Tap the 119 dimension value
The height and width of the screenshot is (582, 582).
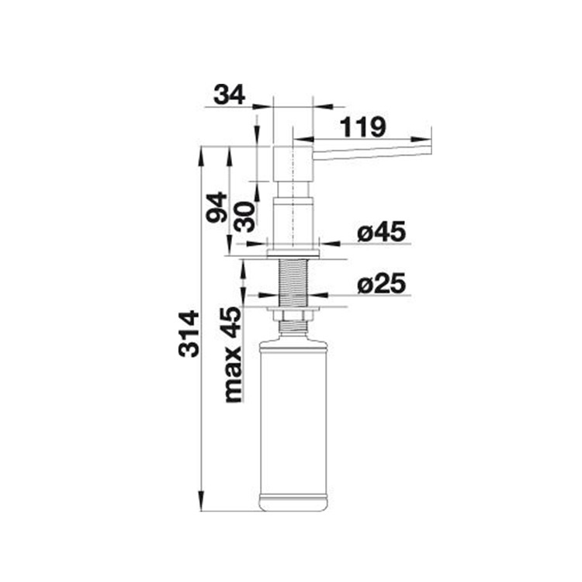pyautogui.click(x=362, y=127)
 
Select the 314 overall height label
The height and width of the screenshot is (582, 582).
pyautogui.click(x=189, y=334)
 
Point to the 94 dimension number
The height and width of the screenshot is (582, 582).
pyautogui.click(x=217, y=207)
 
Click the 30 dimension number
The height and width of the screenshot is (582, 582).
pyautogui.click(x=246, y=217)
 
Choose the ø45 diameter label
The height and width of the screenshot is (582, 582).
pyautogui.click(x=382, y=233)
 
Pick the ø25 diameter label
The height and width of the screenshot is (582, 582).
pyautogui.click(x=382, y=285)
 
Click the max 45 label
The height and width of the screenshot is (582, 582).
pyautogui.click(x=233, y=355)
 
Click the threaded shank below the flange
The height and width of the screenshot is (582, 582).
pyautogui.click(x=293, y=282)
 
